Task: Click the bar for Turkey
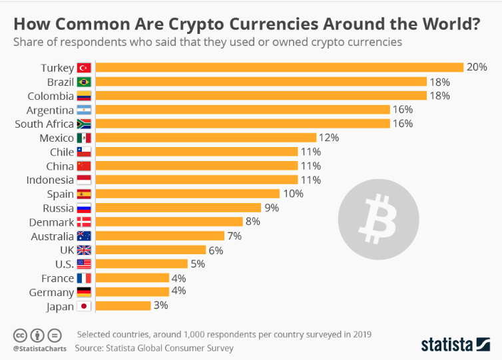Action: click(x=280, y=67)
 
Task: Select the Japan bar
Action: click(x=123, y=305)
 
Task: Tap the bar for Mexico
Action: click(x=206, y=138)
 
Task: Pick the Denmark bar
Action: click(x=169, y=222)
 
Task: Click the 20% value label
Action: click(x=477, y=67)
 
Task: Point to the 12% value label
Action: click(x=329, y=138)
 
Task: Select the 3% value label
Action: click(x=160, y=305)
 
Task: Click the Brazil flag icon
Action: click(x=84, y=82)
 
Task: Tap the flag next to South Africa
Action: click(x=84, y=124)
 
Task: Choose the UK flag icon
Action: click(x=84, y=250)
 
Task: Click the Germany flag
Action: click(x=84, y=292)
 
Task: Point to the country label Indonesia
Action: click(x=50, y=180)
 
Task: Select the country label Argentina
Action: click(x=50, y=110)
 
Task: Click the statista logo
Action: click(x=456, y=344)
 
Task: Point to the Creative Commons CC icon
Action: click(x=21, y=335)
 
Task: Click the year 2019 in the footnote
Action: click(x=360, y=334)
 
